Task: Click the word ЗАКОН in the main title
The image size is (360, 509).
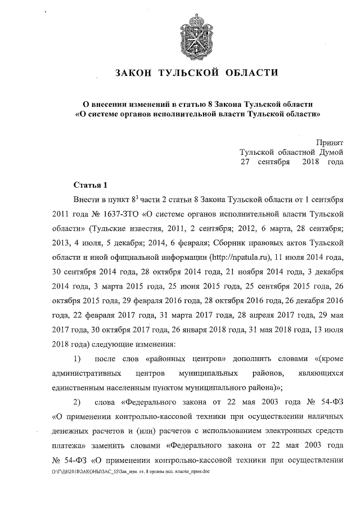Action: pos(133,73)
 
